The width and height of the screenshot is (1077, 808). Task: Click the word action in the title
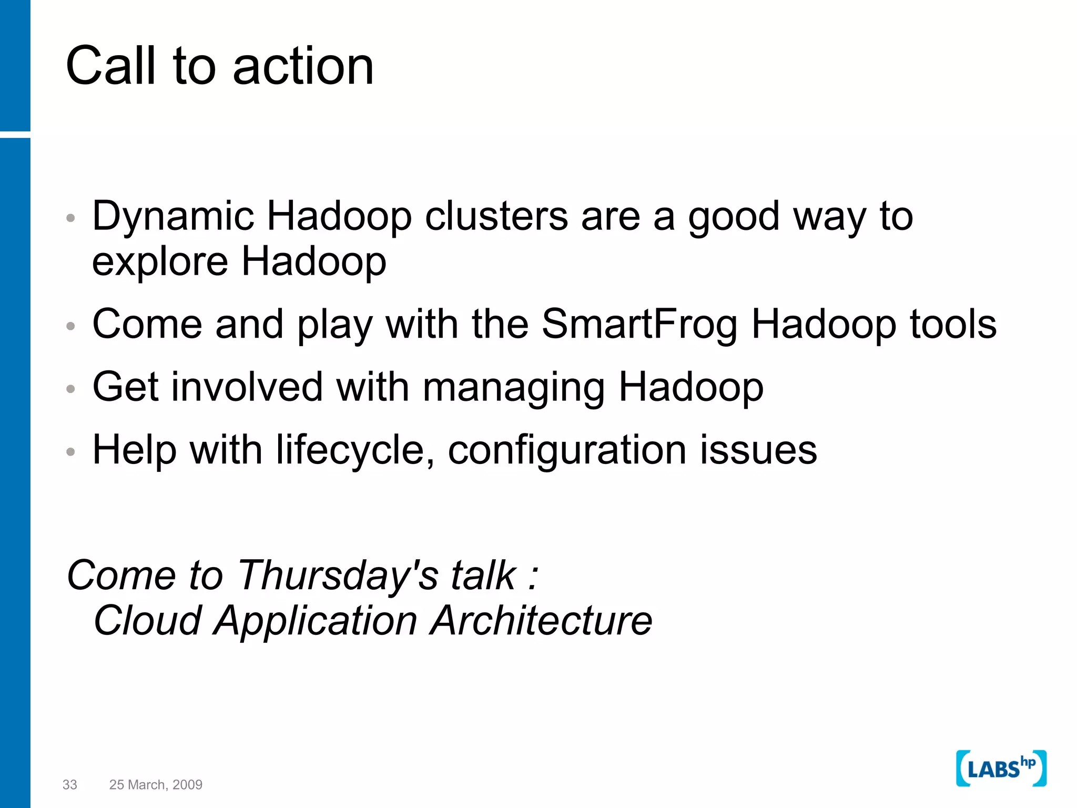pos(303,67)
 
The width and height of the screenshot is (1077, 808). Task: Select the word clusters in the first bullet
pos(496,216)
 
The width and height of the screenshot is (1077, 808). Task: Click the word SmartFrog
pos(639,325)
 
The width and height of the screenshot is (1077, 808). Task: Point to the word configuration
pos(567,451)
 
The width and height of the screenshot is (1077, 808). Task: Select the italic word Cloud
pos(148,621)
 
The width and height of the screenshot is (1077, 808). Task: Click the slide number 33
pos(69,785)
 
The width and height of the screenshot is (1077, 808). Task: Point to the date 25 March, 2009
pos(156,785)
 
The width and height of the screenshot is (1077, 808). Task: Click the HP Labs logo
pos(1001,769)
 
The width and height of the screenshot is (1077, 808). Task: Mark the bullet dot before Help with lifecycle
pos(71,451)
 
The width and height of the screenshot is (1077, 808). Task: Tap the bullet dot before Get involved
pos(71,389)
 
